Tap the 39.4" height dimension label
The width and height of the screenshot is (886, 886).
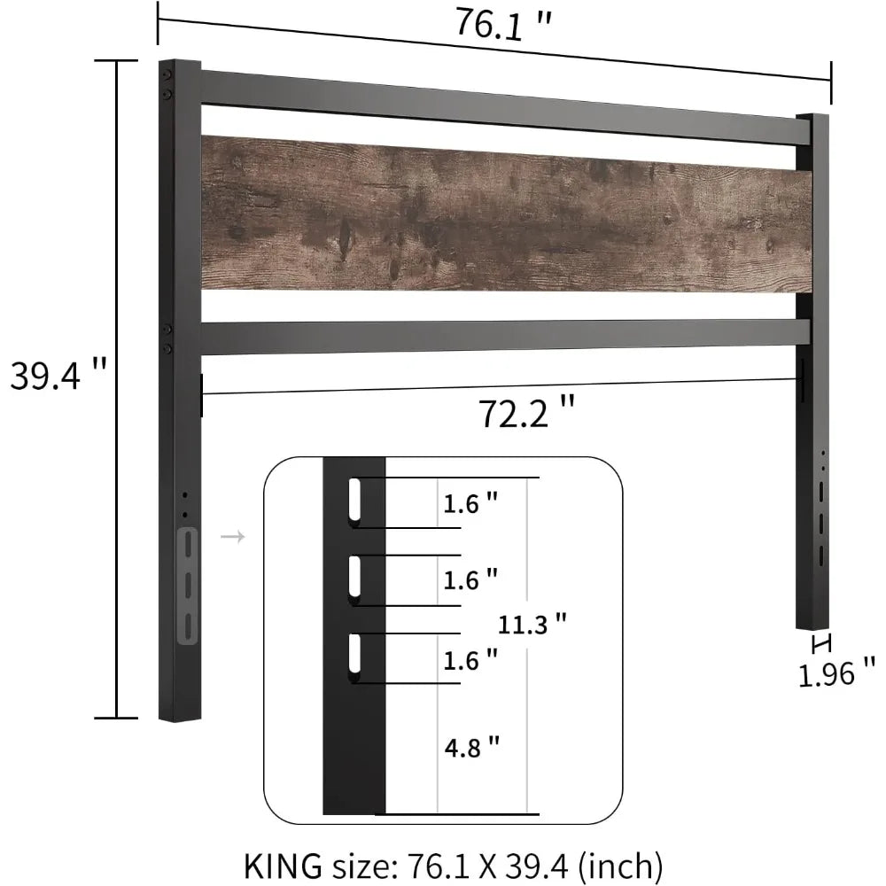coord(58,377)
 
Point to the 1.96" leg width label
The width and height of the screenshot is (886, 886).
coord(836,675)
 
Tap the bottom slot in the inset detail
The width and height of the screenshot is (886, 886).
coord(355,658)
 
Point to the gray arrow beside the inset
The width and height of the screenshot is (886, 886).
coord(232,537)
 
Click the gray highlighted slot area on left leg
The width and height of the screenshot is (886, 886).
coord(189,585)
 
